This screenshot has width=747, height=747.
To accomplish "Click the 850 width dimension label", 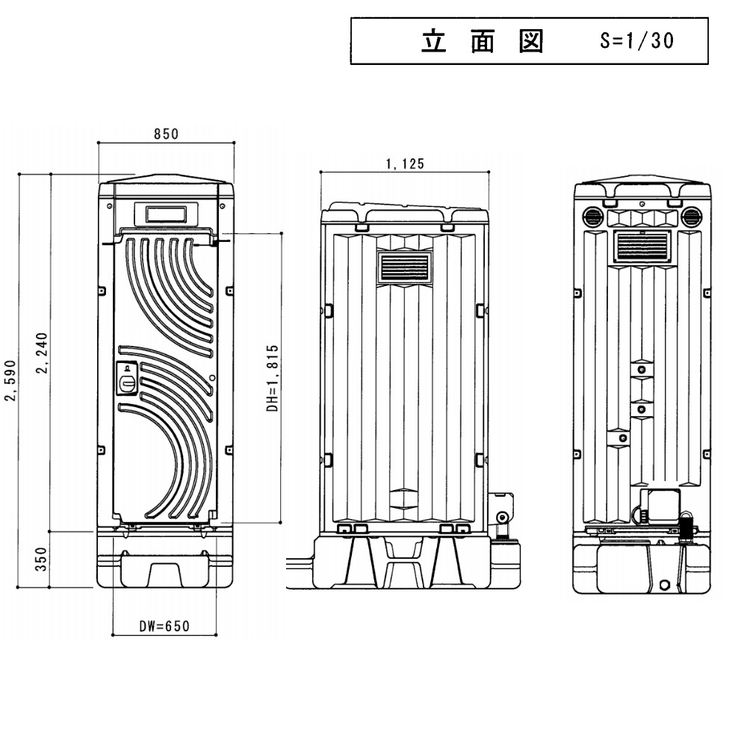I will tap(166, 134).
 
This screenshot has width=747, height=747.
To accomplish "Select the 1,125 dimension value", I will tap(405, 164).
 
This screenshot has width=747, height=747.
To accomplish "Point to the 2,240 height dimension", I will tap(43, 355).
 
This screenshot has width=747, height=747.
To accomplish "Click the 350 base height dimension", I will tap(42, 558).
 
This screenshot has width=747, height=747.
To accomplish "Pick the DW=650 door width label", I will tap(164, 627).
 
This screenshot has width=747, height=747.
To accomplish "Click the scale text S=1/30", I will tap(636, 42).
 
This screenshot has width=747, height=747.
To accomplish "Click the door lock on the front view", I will tap(128, 377).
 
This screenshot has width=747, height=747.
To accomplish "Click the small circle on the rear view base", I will tap(664, 584).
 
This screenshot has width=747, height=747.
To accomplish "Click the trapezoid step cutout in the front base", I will tap(165, 574).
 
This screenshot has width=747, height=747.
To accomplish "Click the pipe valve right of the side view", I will tap(501, 521).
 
